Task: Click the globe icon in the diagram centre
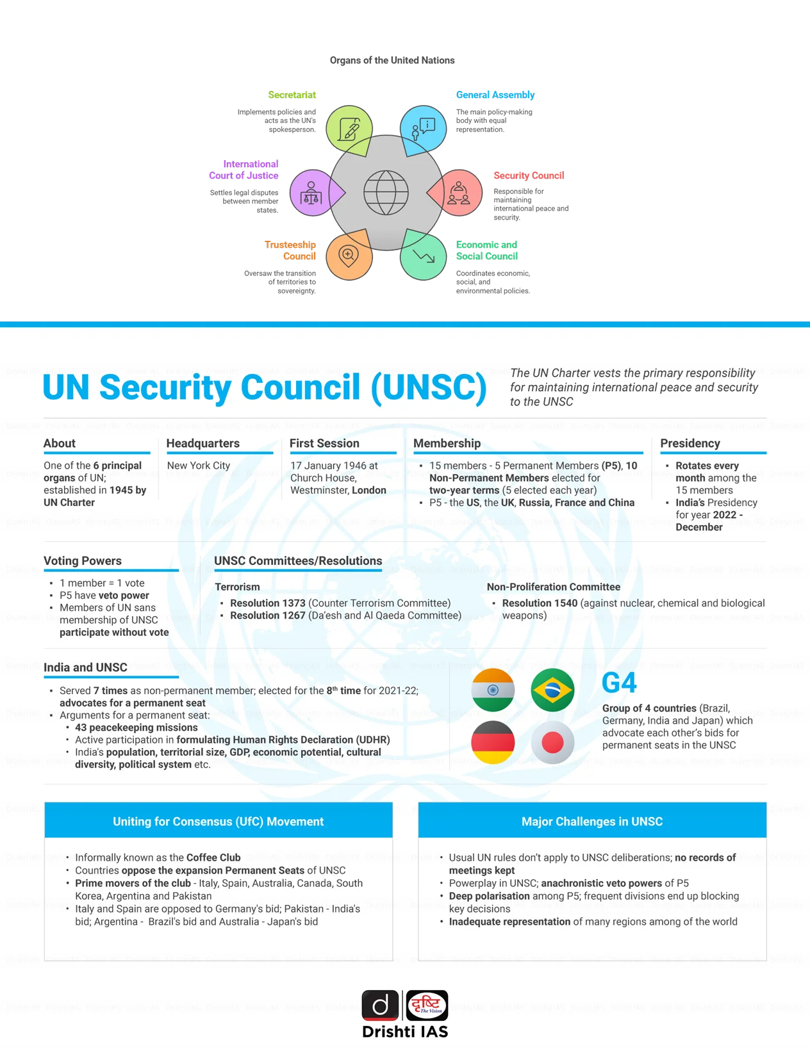tap(386, 192)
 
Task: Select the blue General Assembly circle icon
tap(424, 128)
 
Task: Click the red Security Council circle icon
tap(459, 192)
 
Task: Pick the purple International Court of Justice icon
tap(312, 192)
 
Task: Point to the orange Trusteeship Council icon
tap(349, 256)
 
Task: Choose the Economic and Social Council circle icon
tap(424, 256)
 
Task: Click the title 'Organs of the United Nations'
tap(392, 60)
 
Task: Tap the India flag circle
tap(493, 690)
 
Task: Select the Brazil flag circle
tap(552, 690)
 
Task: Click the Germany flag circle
tap(493, 742)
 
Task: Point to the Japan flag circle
tap(552, 742)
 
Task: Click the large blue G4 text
tap(619, 683)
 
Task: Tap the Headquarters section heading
tap(202, 443)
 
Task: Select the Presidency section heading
tap(690, 443)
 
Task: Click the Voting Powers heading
tap(83, 561)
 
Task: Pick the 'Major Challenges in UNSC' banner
tap(592, 821)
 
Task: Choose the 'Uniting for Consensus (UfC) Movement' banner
tap(219, 821)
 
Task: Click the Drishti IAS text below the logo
tap(405, 1032)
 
